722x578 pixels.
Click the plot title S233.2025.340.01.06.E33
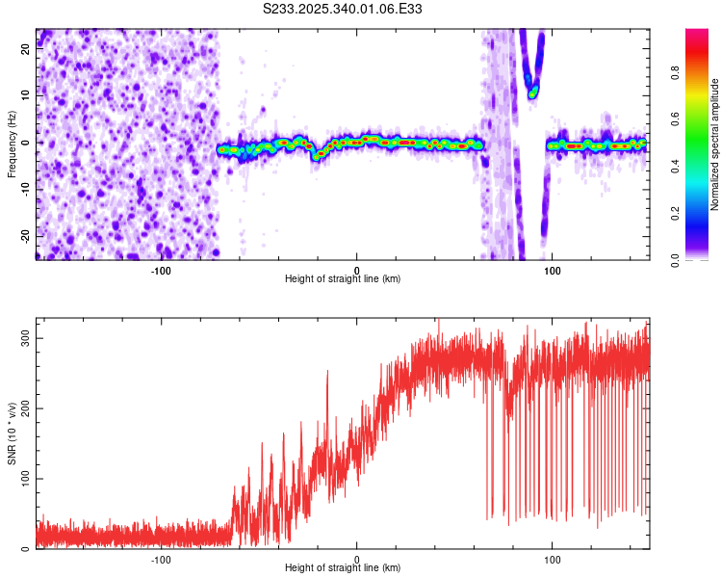(x=344, y=9)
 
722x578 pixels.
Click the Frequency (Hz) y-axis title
(x=12, y=144)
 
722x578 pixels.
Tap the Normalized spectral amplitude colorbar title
(x=715, y=144)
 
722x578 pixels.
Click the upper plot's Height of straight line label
(x=343, y=278)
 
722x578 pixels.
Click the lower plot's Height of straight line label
(x=343, y=567)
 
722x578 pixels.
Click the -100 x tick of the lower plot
(x=161, y=558)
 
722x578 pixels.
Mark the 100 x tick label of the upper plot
(x=553, y=269)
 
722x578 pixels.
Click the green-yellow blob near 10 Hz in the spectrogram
(x=532, y=92)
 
